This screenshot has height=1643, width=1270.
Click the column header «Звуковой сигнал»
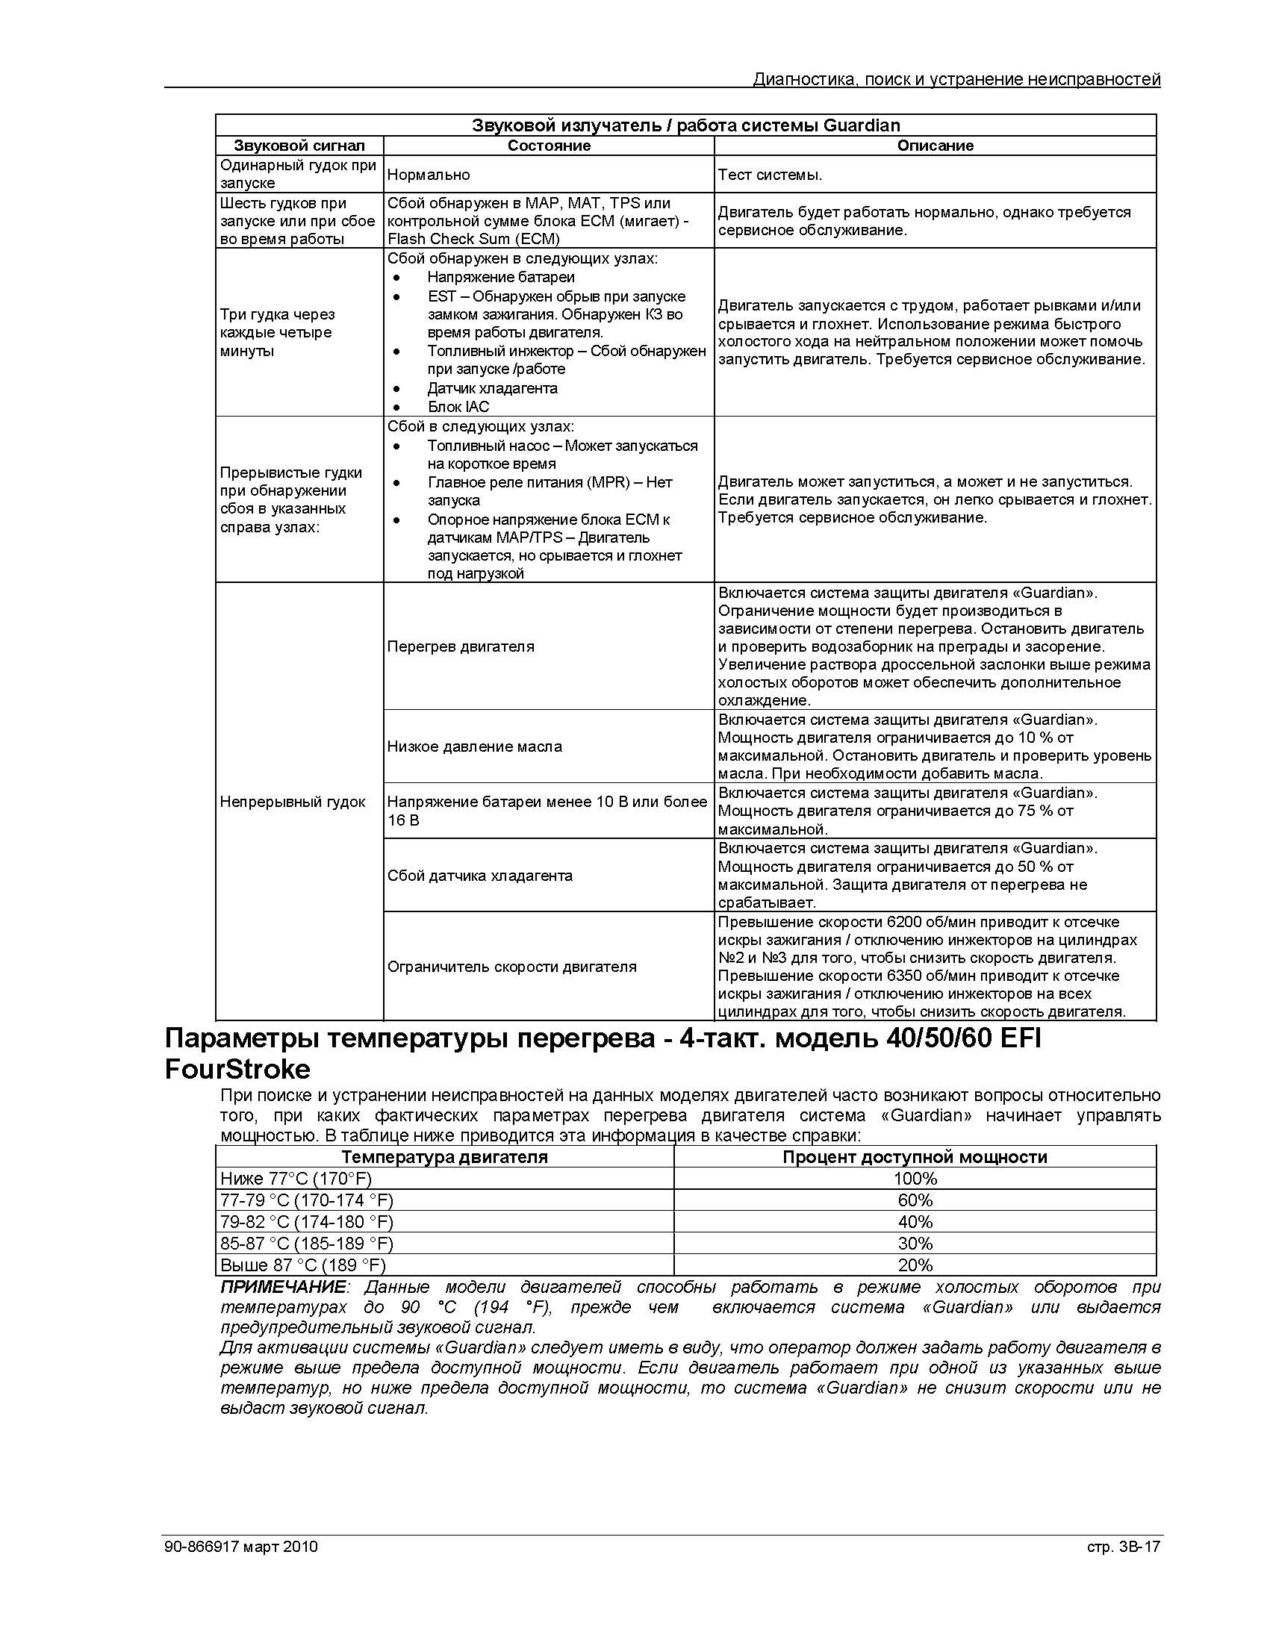[x=299, y=146]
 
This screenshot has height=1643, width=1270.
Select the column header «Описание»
[x=935, y=146]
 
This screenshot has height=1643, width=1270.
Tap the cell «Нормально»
[x=428, y=175]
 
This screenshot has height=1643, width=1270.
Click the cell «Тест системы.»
[x=770, y=175]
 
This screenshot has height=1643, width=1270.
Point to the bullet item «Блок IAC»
[x=458, y=407]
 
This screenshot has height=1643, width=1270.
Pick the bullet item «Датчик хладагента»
[x=492, y=388]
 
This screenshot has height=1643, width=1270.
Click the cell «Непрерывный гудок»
[x=292, y=802]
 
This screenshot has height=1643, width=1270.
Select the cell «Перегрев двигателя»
[x=461, y=646]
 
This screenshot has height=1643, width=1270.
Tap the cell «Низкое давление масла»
[x=474, y=746]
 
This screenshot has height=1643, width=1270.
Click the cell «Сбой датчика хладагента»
[x=479, y=876]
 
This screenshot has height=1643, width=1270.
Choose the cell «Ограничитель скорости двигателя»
[x=511, y=967]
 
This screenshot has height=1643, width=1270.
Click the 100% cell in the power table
[x=914, y=1179]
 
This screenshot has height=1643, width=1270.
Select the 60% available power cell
[x=914, y=1200]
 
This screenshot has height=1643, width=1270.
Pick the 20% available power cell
[x=914, y=1265]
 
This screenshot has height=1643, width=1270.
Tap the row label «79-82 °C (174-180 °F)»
[x=306, y=1223]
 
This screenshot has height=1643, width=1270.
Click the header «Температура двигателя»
[x=445, y=1157]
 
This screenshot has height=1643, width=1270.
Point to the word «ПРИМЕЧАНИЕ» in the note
[x=283, y=1287]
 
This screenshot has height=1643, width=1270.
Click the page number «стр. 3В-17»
[x=1123, y=1547]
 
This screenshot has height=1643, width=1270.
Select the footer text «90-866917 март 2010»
[x=240, y=1547]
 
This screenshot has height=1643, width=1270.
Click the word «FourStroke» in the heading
[x=237, y=1069]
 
